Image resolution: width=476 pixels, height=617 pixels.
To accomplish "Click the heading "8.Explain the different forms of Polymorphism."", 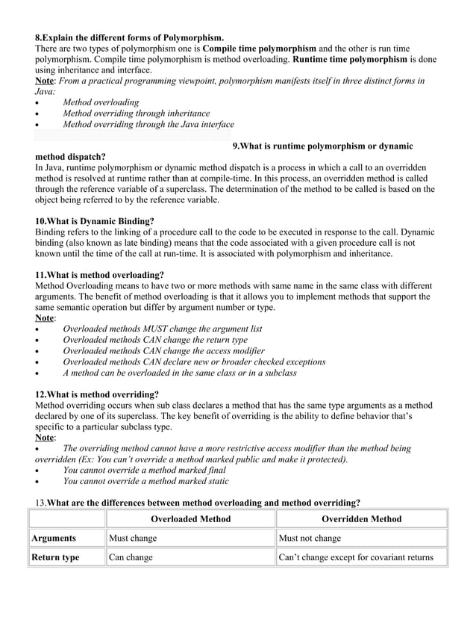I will [x=129, y=37].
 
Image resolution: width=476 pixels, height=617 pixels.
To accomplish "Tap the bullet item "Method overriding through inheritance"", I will [x=136, y=114].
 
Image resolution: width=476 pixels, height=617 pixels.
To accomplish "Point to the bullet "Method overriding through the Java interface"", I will [x=148, y=125].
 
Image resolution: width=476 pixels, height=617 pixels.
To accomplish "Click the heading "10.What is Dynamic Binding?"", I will [x=95, y=222].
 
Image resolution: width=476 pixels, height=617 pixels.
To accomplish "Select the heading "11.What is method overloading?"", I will [x=99, y=275].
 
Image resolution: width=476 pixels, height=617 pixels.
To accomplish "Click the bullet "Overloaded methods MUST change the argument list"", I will [x=162, y=329].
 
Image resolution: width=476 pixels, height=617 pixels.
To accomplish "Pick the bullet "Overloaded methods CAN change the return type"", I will [x=154, y=340].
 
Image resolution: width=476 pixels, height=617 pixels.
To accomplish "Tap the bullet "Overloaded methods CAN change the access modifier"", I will [x=163, y=350].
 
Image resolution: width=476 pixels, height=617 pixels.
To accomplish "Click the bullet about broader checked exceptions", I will [x=194, y=362].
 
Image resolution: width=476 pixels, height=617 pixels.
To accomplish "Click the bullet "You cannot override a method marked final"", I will [x=144, y=471].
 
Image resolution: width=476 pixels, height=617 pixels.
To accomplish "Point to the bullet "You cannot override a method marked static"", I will [x=145, y=482].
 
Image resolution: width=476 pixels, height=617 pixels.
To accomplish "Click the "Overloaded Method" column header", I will [x=190, y=519].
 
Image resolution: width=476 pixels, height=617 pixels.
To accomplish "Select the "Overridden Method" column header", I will [x=361, y=519].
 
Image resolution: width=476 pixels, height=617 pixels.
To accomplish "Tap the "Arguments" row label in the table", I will [x=53, y=538].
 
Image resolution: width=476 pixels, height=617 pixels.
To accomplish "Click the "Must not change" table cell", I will [x=310, y=538].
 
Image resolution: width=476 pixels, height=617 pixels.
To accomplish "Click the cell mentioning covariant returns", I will [x=355, y=557].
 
